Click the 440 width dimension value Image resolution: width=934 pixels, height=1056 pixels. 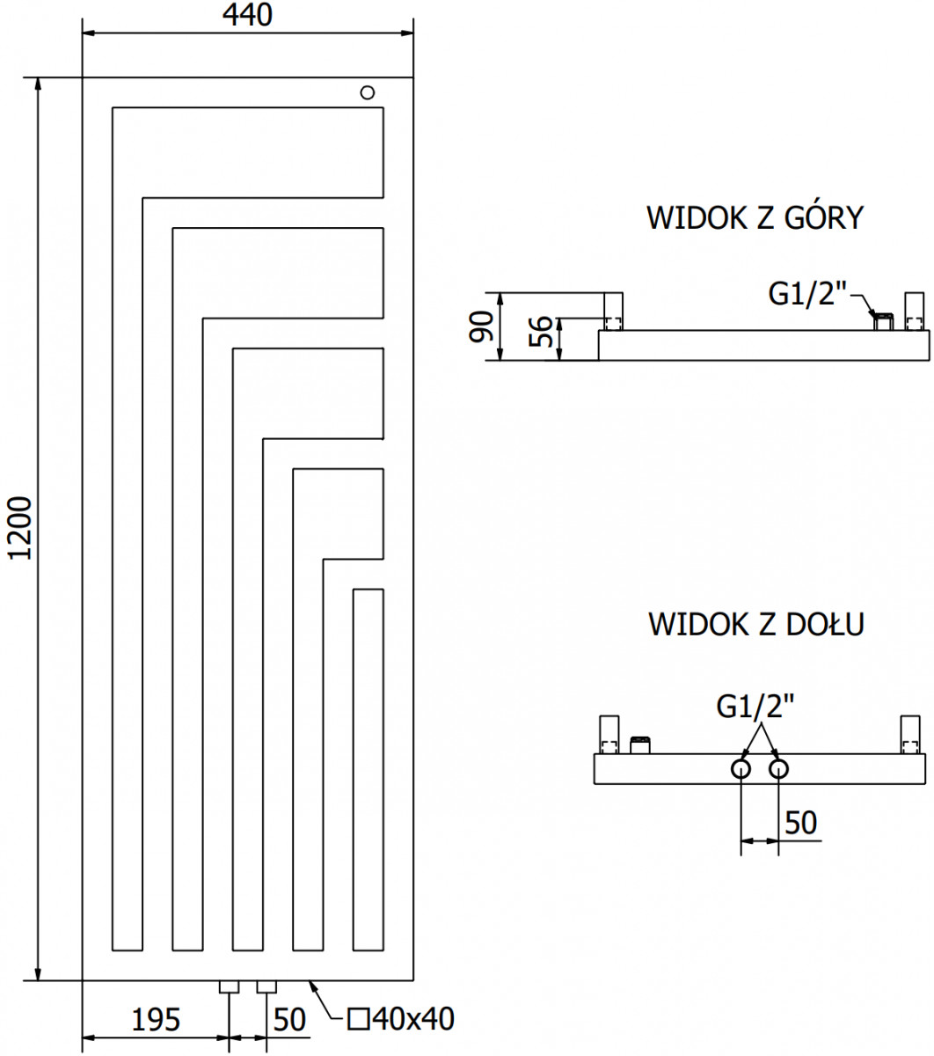pos(247,15)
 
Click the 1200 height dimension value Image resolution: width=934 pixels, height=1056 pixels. pos(20,529)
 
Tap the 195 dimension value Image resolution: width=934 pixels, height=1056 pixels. pos(156,1020)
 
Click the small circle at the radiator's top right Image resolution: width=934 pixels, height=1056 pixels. pos(368,92)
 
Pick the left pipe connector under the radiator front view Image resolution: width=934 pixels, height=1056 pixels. pos(229,986)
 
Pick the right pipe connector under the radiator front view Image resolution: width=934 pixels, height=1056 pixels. pos(266,986)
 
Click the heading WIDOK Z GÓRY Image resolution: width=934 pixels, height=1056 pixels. pos(755,218)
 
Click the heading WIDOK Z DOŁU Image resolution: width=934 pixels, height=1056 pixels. pos(756,624)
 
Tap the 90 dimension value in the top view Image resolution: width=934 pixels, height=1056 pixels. pos(481,326)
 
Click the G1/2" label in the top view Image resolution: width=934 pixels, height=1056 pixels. pos(807,295)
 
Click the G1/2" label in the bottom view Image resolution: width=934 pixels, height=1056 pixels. pos(755,708)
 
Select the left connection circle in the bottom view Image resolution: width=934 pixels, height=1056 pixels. pos(741,769)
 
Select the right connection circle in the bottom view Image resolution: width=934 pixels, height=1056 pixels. pos(778,769)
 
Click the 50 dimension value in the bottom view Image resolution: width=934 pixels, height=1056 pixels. pos(800,823)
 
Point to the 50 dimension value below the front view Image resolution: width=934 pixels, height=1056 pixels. pos(289,1020)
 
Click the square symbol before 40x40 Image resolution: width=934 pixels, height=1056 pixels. pos(359,1020)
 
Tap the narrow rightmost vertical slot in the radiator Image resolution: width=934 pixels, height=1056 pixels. pos(368,770)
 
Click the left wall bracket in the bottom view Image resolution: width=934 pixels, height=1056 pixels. pos(609,735)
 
